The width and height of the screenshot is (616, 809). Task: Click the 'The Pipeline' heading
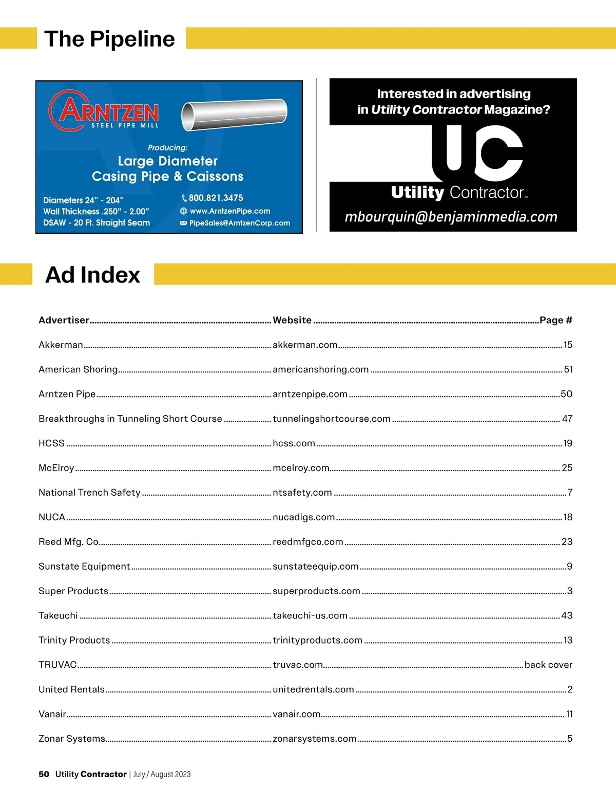tap(109, 39)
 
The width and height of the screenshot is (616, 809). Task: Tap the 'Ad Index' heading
tap(93, 275)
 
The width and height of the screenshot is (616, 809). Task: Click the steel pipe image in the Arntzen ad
tap(234, 115)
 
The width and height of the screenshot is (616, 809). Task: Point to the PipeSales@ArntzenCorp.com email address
tap(239, 223)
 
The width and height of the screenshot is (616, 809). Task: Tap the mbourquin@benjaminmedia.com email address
tap(451, 217)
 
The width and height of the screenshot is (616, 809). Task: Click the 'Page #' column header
tap(555, 320)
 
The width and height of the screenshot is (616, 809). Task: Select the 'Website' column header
tap(292, 320)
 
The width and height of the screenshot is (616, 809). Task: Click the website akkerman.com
tap(305, 345)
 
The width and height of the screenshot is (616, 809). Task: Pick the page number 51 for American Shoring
tap(568, 369)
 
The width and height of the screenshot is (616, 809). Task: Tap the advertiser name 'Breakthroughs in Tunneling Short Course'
tap(130, 419)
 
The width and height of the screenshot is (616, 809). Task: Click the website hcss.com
tap(294, 443)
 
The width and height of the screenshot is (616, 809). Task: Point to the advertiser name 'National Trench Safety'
tap(89, 493)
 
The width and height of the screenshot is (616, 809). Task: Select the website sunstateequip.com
tap(316, 566)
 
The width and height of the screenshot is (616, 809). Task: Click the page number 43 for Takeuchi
tap(567, 615)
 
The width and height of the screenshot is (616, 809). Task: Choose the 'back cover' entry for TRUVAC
tap(548, 665)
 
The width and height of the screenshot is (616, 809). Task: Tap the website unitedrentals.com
tap(313, 689)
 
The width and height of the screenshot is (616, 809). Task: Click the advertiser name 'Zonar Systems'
tap(72, 739)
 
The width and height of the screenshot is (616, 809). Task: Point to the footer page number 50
tap(44, 774)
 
